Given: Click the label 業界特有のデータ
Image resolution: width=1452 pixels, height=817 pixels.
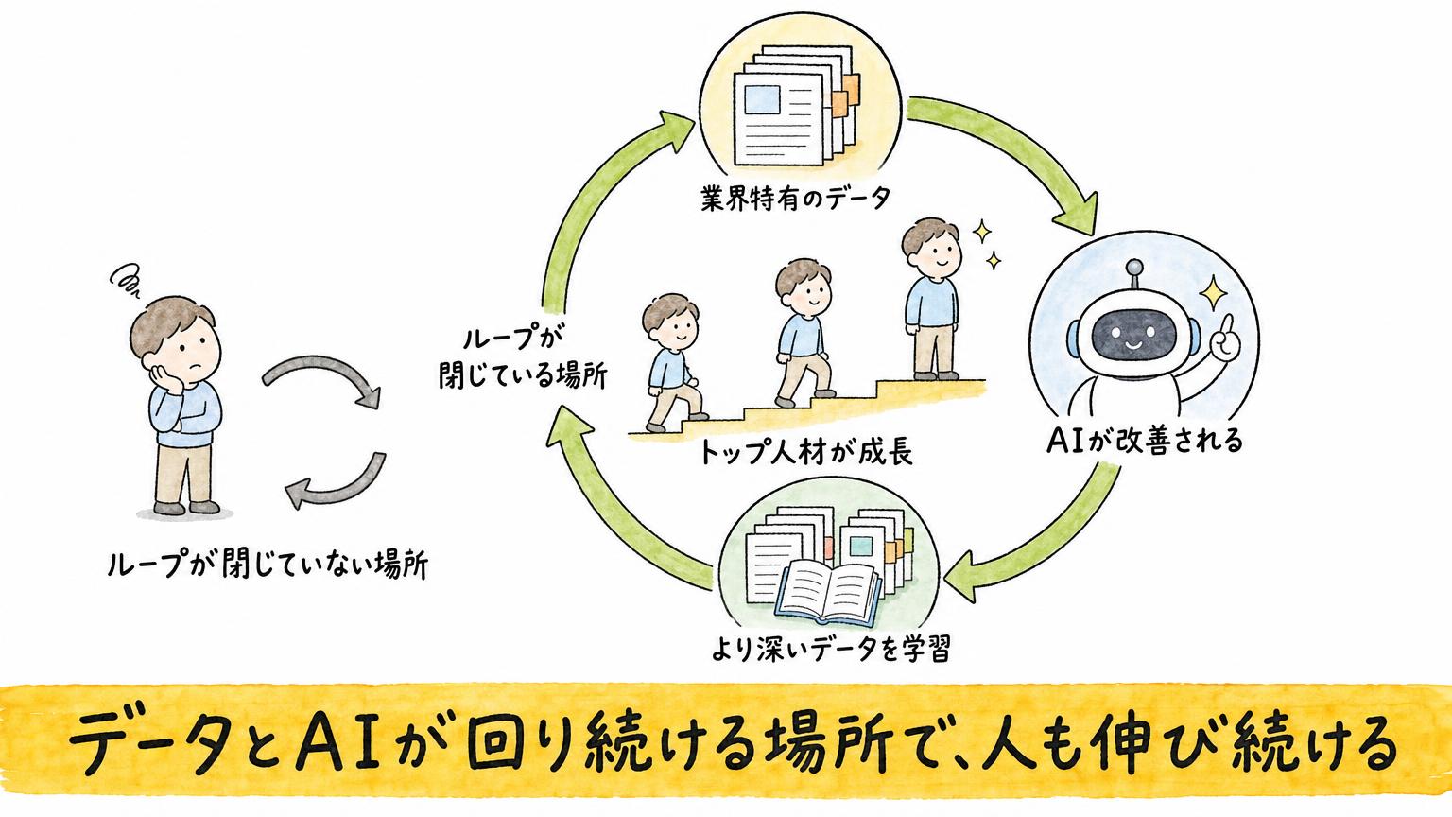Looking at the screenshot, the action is pos(795,198).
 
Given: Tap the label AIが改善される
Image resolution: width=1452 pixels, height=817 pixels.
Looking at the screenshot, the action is pos(1145,441).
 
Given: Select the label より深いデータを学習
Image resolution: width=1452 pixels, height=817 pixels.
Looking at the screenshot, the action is pos(832,649).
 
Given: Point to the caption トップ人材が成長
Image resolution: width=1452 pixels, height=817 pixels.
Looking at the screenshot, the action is pos(806,452).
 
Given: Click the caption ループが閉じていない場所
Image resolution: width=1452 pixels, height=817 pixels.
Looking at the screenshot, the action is pos(268,565).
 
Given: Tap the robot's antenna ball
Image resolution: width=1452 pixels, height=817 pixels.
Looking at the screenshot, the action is pos(1134,268).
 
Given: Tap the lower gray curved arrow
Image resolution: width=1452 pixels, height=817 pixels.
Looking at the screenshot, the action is pos(337,483).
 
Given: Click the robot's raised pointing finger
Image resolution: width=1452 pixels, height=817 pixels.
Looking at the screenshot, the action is pos(1225,327).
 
